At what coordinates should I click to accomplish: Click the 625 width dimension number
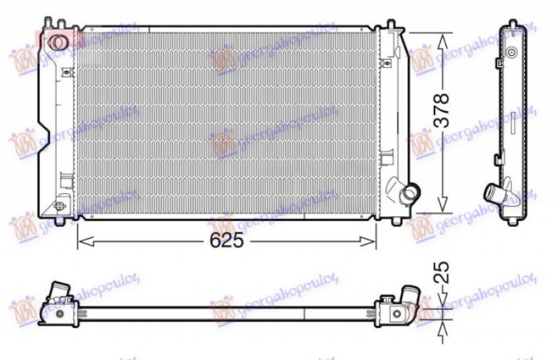pyautogui.click(x=227, y=241)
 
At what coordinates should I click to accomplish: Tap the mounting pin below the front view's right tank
pyautogui.click(x=397, y=222)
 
